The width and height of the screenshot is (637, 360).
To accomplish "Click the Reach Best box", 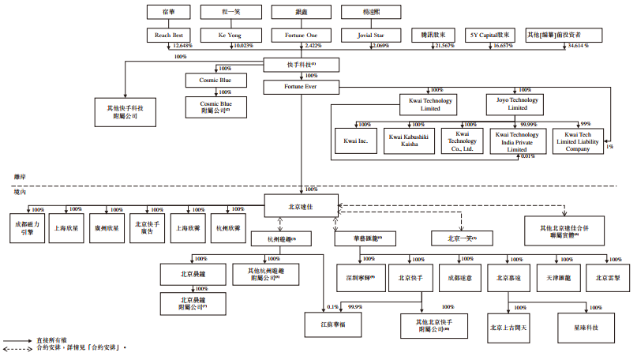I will (168, 36).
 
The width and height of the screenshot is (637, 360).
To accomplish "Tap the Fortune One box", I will (301, 36).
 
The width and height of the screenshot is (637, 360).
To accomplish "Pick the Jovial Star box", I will (367, 36).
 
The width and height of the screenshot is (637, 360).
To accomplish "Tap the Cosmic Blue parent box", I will (215, 81).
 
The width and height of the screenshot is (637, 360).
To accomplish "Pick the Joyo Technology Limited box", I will (517, 103).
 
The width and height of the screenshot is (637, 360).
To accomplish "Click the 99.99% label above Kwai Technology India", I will (524, 124).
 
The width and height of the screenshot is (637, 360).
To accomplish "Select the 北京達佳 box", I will (299, 204).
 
